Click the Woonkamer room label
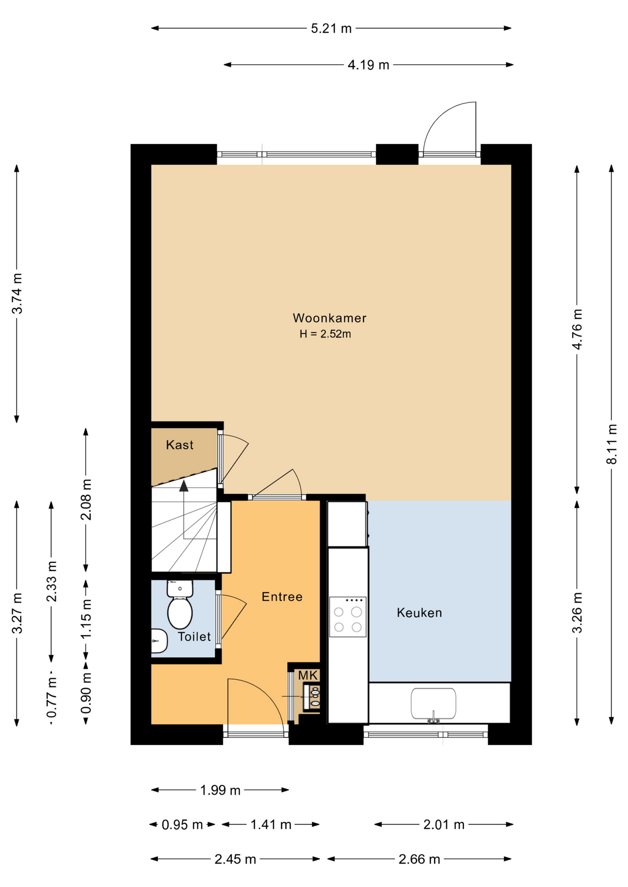(x=329, y=318)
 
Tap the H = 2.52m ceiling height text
(x=325, y=334)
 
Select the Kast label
(x=179, y=445)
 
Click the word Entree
(x=282, y=597)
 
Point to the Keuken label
(x=419, y=613)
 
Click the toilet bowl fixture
(x=180, y=605)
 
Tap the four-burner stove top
(x=348, y=617)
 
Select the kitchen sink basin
(x=433, y=704)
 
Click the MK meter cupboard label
(x=308, y=675)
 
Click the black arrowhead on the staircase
(x=184, y=486)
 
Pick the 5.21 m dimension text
(x=331, y=29)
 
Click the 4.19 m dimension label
(x=368, y=65)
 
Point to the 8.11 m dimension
(x=612, y=444)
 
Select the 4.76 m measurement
(x=577, y=329)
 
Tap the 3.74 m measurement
(x=17, y=293)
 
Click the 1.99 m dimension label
(x=220, y=790)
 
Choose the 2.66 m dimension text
(x=419, y=859)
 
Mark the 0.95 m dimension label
(x=182, y=825)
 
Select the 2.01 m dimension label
(x=444, y=825)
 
